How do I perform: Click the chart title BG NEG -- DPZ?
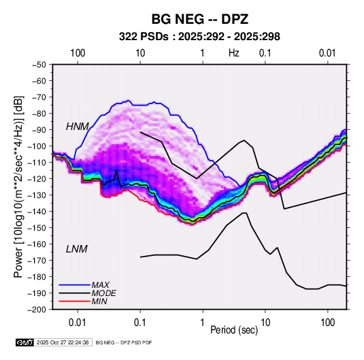coord(200,19)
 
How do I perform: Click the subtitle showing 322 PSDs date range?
coord(199,37)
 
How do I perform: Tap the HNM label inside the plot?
coord(78,127)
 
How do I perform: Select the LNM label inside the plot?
coord(77,249)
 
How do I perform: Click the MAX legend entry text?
coord(101,285)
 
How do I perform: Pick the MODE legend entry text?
coord(104,293)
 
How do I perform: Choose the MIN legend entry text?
coord(99,301)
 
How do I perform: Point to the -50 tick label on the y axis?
coord(39,65)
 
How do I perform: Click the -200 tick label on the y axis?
coord(37,310)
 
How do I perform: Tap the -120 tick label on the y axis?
coord(37,178)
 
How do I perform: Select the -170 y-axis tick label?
coord(37,261)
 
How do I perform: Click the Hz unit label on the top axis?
coord(234,53)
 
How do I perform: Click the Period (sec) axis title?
coord(234,330)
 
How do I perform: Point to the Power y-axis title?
coord(18,186)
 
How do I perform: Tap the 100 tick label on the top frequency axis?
coord(78,53)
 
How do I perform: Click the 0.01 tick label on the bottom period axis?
coord(78,323)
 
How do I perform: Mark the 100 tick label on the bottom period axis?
coord(327,323)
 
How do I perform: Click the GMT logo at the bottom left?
coord(25,342)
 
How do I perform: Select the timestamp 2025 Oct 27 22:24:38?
coord(63,342)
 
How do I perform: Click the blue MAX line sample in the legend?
coord(75,285)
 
